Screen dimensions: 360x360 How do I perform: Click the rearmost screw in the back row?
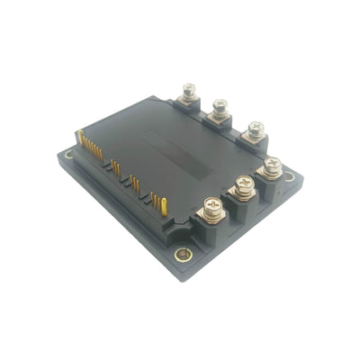[x=189, y=91]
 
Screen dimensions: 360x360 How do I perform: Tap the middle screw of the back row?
[x=220, y=109]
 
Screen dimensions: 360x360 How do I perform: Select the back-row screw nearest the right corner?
[x=255, y=130]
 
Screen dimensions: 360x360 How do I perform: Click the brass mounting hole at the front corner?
[x=184, y=255]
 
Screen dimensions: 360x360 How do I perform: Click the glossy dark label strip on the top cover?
[x=180, y=144]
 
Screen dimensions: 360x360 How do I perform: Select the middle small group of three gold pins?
[x=136, y=184]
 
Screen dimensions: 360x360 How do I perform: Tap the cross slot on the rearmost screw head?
[x=189, y=89]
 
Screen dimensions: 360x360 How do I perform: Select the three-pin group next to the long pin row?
[x=116, y=169]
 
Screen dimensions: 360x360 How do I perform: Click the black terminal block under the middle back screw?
[x=219, y=123]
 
